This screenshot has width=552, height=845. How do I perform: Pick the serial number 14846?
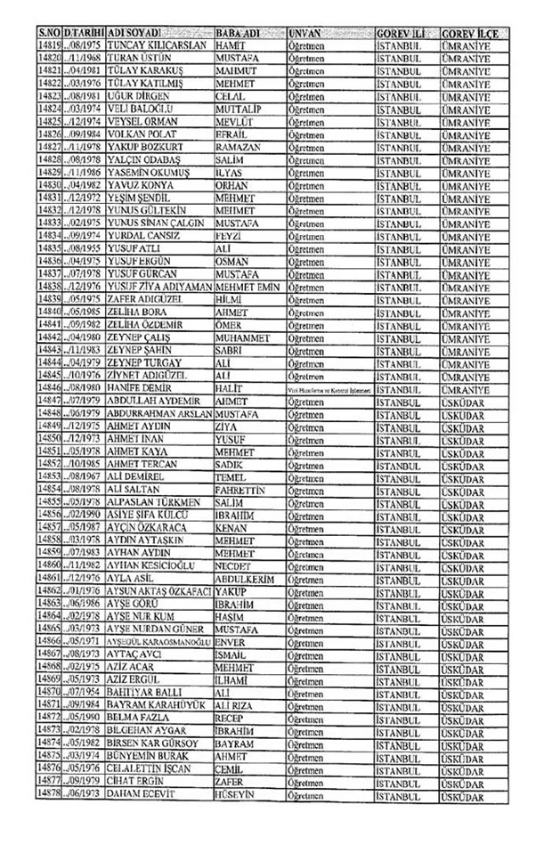(x=50, y=389)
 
